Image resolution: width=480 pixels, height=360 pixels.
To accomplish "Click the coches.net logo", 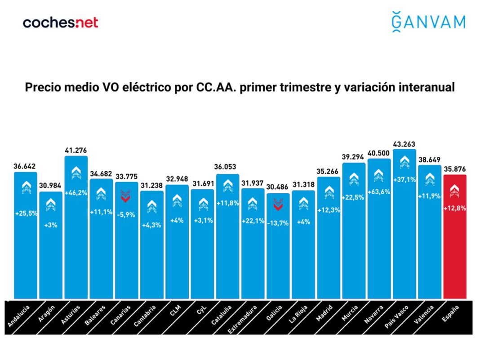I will point(60,22).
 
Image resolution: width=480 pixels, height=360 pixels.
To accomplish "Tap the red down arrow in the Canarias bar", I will point(126,195).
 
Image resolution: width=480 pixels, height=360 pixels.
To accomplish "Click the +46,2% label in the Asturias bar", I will point(76,193).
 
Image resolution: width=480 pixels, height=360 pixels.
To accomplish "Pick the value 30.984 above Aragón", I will point(51,186).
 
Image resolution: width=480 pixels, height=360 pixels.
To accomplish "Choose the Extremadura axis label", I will point(243,320).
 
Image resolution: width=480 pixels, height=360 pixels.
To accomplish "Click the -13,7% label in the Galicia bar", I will point(278,223).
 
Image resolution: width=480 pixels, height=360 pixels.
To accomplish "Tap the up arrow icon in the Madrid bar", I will point(329,192).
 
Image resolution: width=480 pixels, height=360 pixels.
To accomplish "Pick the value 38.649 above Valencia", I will point(429,160).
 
